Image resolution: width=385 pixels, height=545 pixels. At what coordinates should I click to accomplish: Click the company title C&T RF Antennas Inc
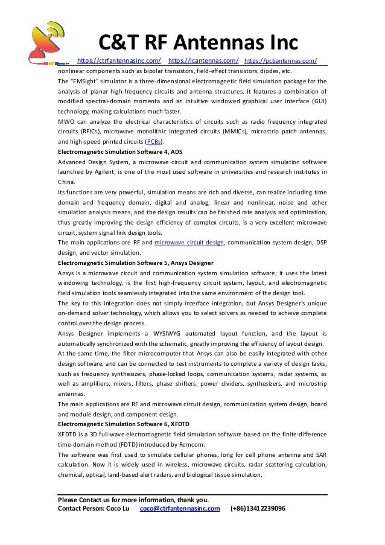pyautogui.click(x=199, y=42)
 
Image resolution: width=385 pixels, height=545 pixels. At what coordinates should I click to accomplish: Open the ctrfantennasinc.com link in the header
pyautogui.click(x=119, y=61)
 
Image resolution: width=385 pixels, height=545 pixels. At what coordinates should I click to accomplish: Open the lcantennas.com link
pyautogui.click(x=203, y=61)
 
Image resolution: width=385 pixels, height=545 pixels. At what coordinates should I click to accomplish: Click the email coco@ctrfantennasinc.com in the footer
pyautogui.click(x=179, y=508)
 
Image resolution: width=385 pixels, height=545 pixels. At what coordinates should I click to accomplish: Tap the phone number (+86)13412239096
pyautogui.click(x=258, y=508)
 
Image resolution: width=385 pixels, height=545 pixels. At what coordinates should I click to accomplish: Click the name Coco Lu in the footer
pyautogui.click(x=116, y=508)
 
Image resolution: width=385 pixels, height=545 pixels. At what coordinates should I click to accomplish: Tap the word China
pyautogui.click(x=66, y=182)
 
